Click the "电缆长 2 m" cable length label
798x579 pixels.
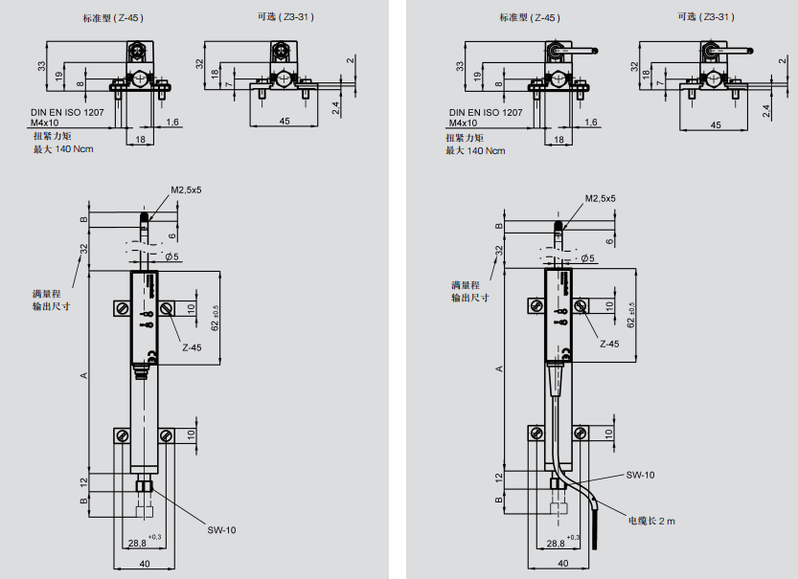651,522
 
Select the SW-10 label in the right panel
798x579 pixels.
641,476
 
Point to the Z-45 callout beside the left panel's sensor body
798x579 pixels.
192,347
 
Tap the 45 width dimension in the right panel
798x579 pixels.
716,125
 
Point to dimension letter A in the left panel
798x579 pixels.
83,374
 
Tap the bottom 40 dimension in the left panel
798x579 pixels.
146,565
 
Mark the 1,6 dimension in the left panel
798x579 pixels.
172,122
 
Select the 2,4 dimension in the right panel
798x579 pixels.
765,110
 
